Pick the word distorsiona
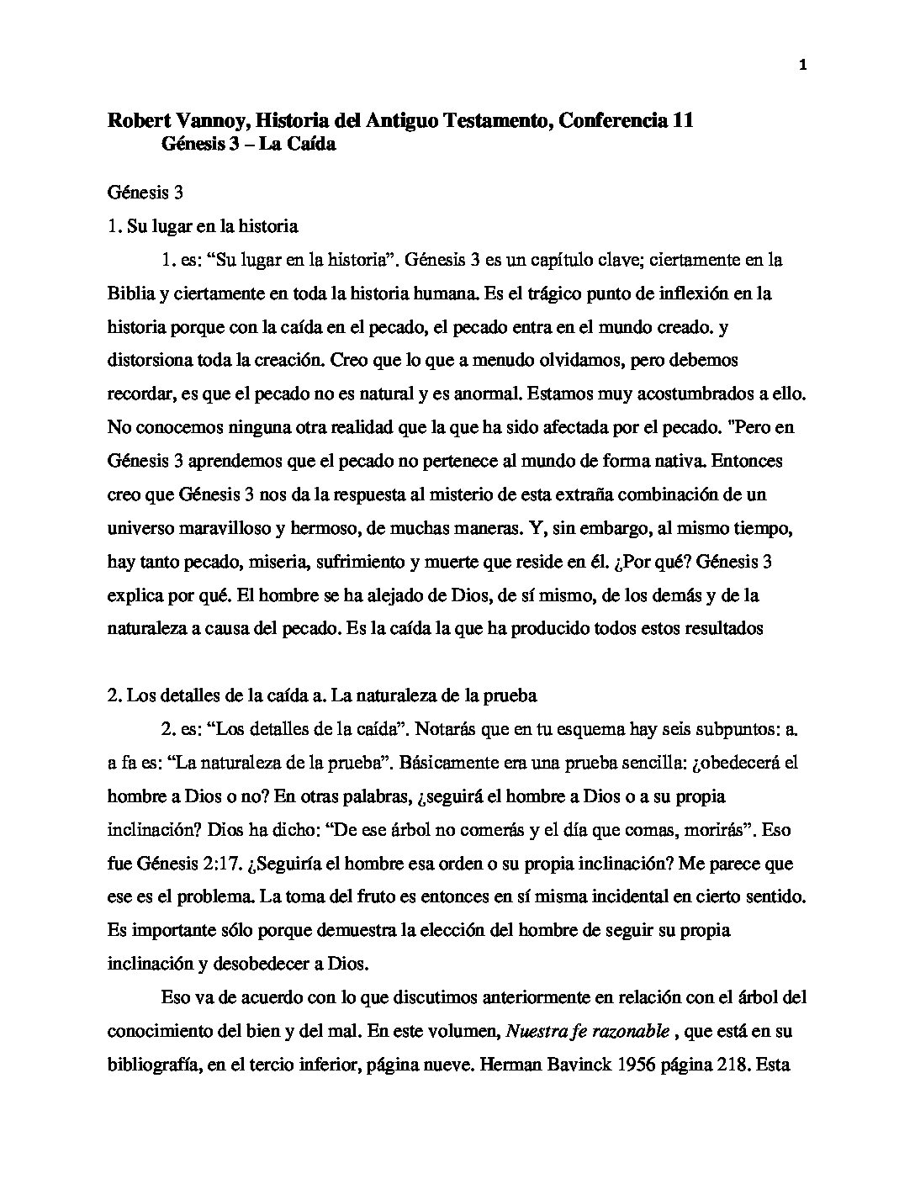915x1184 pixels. click(150, 361)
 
